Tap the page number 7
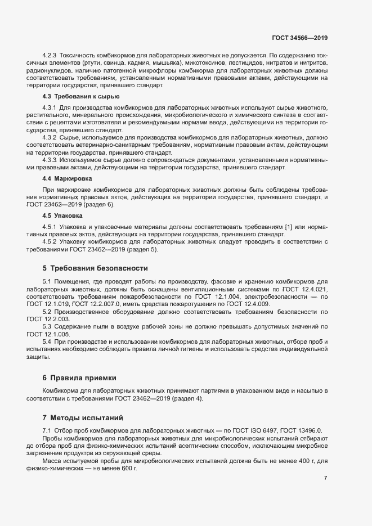(325, 478)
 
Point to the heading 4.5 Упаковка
(62, 215)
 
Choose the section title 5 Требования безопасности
(95, 268)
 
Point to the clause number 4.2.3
(50, 56)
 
